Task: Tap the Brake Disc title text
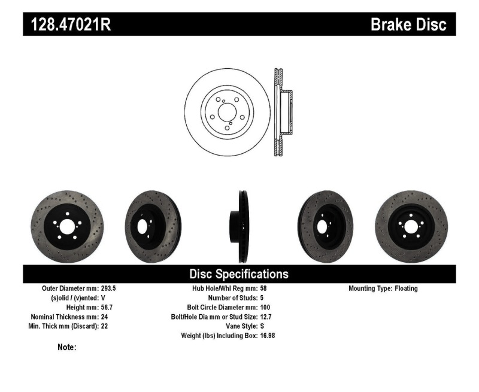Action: click(408, 25)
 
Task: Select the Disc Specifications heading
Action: click(239, 274)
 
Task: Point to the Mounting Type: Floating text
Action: click(383, 288)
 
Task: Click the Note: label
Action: click(66, 347)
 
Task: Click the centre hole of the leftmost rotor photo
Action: click(66, 227)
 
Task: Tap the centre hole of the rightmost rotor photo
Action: click(411, 227)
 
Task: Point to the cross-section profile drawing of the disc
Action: click(282, 113)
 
